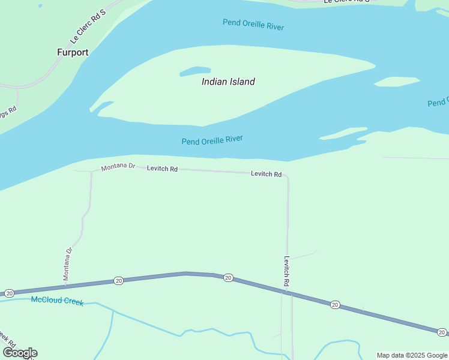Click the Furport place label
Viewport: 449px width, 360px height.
73,52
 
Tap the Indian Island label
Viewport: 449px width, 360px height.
228,82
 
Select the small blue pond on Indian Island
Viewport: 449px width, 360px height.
195,71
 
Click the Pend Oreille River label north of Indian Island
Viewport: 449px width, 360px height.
253,25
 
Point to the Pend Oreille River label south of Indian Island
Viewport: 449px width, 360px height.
212,140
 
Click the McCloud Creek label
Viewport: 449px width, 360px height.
57,301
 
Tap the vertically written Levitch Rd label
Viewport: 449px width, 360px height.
287,271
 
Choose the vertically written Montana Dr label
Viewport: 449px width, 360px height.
68,264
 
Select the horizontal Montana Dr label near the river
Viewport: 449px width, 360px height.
118,166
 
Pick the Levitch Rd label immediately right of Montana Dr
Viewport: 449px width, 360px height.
162,169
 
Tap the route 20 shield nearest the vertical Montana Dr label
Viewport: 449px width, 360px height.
119,280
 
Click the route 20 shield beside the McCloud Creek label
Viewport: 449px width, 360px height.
9,293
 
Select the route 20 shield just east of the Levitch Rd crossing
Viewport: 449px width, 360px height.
335,305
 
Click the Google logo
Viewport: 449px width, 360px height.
20,353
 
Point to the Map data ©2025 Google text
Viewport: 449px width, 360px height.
412,355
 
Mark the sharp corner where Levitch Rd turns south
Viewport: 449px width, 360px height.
288,177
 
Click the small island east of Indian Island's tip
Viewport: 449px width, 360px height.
397,81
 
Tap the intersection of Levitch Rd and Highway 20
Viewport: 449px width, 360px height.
287,292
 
